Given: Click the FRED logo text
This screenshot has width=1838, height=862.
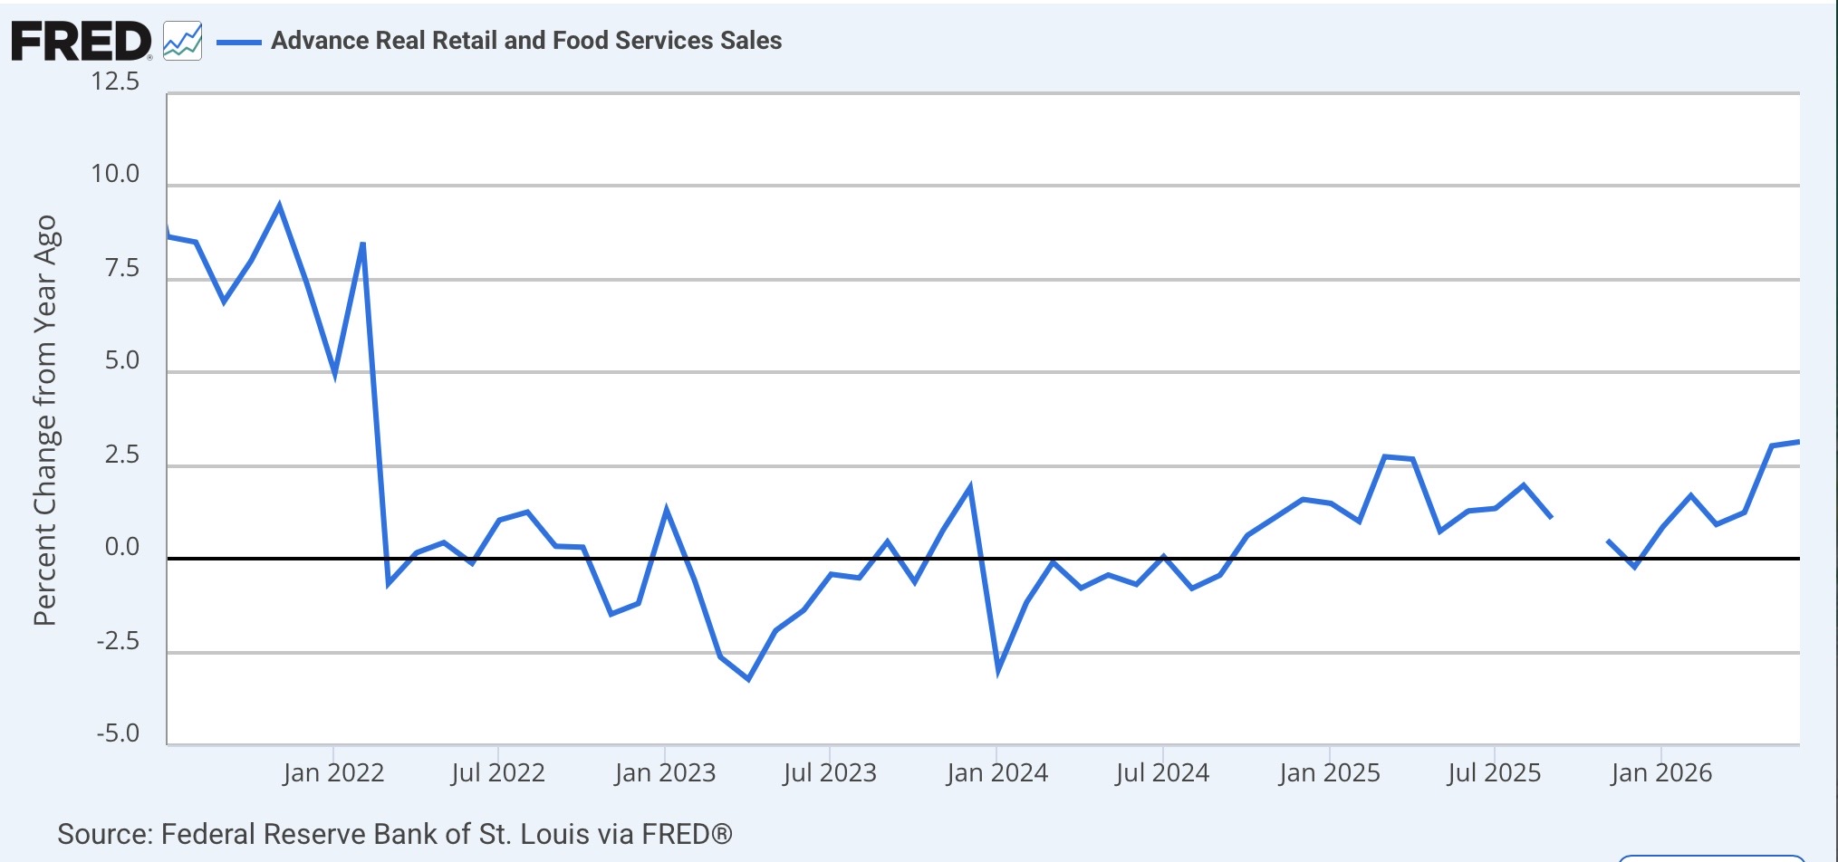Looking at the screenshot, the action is [x=82, y=42].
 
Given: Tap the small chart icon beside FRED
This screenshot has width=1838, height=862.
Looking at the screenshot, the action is [x=182, y=42].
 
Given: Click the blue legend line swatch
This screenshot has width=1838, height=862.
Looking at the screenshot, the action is [x=239, y=42].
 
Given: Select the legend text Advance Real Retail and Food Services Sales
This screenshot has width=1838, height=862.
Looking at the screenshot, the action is [x=526, y=41].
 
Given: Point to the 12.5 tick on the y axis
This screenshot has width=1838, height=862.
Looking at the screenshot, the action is [x=115, y=81].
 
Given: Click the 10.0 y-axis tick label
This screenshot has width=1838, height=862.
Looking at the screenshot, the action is [x=115, y=174].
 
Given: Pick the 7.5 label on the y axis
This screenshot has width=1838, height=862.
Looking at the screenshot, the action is [x=122, y=268].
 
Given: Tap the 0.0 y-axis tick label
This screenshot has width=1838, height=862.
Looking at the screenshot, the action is [x=122, y=547].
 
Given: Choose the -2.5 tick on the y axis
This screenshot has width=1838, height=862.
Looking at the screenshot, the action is [x=119, y=641].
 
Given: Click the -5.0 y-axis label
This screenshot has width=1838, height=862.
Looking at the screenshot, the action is [x=119, y=733].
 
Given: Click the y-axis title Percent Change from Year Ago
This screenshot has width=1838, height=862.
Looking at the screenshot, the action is [x=44, y=421].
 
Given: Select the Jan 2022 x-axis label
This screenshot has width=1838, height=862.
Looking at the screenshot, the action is [x=333, y=773].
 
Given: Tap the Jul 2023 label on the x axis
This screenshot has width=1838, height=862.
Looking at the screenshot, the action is [x=830, y=773].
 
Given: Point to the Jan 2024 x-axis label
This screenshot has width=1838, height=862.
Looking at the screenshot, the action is [x=997, y=773].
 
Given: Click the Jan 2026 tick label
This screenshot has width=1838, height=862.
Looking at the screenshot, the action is [x=1661, y=773].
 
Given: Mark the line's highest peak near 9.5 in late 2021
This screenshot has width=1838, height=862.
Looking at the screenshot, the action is [x=279, y=206].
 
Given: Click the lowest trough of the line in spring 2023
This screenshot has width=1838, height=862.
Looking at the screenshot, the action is [x=748, y=678].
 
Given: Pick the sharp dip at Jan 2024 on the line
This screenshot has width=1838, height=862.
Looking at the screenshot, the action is [x=998, y=669].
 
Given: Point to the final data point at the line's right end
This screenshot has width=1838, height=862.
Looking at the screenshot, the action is [x=1798, y=442].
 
